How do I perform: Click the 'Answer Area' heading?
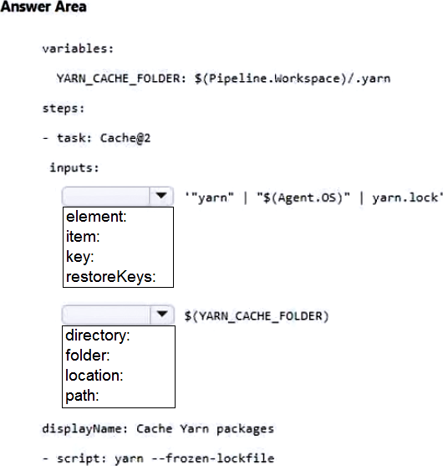43,7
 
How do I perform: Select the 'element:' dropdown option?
96,217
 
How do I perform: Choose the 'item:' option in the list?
83,237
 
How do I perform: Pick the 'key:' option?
79,257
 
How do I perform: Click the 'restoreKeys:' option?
110,277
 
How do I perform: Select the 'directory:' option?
98,335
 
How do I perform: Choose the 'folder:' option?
87,356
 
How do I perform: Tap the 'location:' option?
94,376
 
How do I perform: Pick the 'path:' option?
82,396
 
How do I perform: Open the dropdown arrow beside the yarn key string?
161,196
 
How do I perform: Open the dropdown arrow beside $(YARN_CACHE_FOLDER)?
162,314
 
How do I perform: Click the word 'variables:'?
78,49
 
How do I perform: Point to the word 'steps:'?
64,109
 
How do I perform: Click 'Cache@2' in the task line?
125,138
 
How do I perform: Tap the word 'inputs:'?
74,168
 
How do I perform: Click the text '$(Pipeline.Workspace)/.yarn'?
293,79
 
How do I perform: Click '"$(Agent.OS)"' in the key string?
303,197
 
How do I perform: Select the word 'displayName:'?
85,429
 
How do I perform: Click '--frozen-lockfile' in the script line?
212,458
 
